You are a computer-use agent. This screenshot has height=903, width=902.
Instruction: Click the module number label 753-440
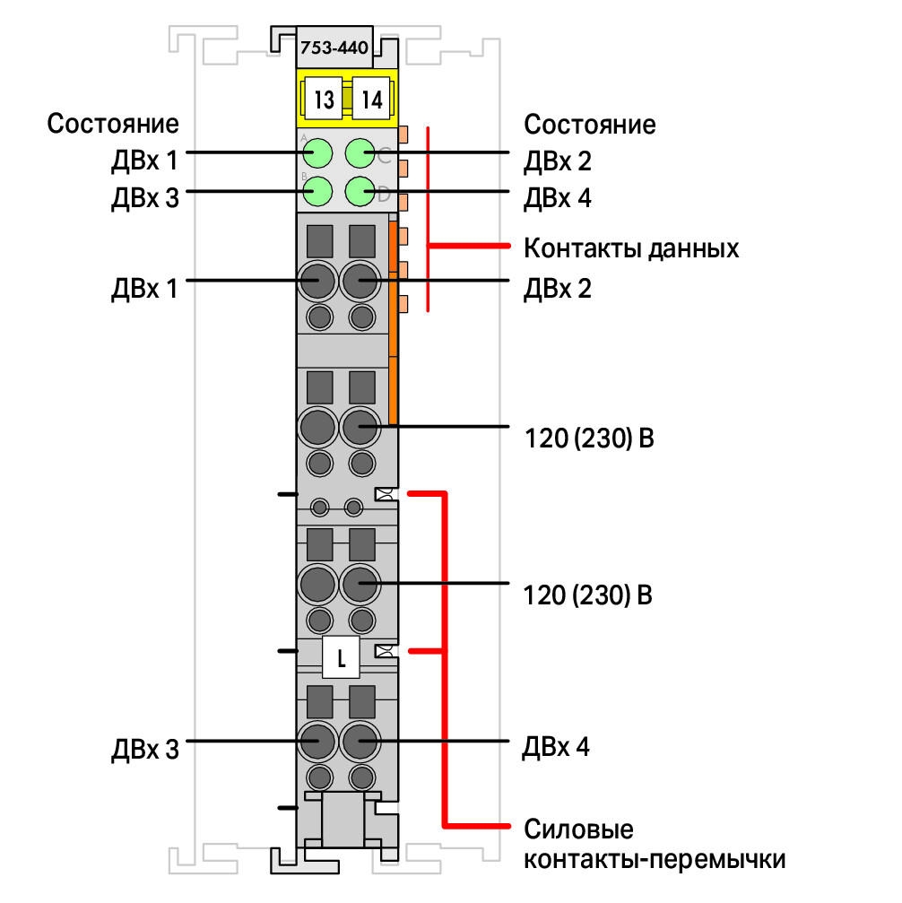(334, 48)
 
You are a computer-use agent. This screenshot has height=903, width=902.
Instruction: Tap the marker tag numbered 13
(323, 99)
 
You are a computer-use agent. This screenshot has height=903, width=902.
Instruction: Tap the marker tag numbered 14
(371, 99)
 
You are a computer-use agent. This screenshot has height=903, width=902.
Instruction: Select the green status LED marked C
(360, 153)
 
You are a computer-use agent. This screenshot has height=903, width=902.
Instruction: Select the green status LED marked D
(360, 191)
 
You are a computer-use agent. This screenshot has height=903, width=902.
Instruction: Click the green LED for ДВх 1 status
(317, 153)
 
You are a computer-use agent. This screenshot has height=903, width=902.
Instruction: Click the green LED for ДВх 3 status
(317, 191)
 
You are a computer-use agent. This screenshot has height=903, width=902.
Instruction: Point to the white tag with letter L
(341, 657)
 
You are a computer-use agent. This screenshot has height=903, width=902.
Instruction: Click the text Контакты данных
(630, 248)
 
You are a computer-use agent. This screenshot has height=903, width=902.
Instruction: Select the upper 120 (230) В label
(589, 438)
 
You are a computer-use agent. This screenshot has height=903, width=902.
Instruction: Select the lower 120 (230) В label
(588, 595)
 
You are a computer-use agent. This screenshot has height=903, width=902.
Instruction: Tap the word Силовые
(578, 829)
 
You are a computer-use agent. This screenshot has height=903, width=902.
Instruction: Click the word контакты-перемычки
(655, 859)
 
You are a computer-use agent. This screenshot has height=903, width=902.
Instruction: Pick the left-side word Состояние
(113, 123)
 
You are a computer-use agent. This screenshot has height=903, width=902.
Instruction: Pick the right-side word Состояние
(590, 125)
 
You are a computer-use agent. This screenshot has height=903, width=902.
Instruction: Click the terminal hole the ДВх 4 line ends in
(360, 741)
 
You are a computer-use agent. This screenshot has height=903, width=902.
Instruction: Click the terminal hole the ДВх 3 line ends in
(317, 741)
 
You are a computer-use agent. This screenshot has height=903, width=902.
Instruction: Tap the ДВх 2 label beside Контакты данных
(558, 288)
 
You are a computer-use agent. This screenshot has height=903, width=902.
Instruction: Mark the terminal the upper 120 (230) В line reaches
(360, 427)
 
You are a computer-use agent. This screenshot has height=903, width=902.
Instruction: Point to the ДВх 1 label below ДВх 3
(144, 288)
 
